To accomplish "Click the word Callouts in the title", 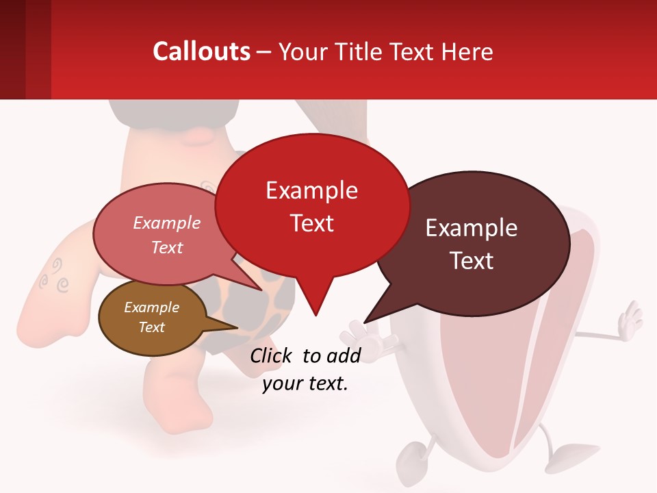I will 201,51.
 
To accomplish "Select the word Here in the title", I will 467,51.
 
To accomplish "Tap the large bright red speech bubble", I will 312,205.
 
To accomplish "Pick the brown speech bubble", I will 152,318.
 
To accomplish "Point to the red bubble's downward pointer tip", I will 315,314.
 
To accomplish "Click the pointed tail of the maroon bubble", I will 366,321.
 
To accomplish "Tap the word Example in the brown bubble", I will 152,307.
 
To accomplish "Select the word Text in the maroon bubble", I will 472,261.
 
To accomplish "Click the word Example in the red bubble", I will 312,190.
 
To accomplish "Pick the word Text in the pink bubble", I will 167,247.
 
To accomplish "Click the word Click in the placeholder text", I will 272,355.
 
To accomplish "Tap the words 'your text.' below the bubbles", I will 305,383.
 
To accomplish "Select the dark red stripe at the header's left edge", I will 12,50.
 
